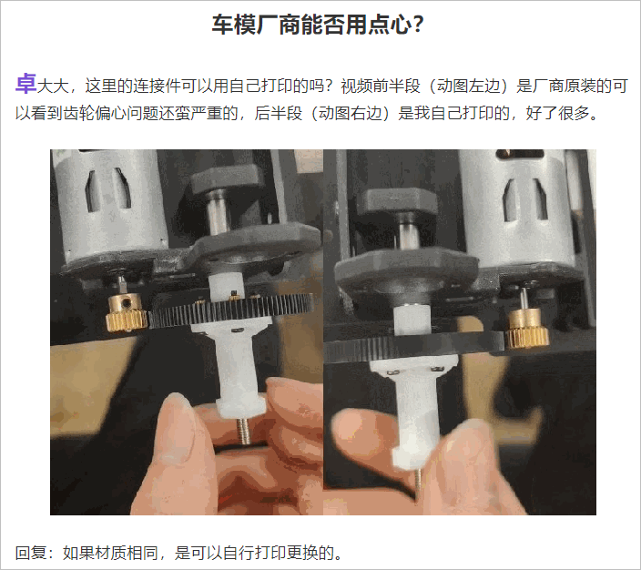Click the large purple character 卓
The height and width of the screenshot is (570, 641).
pos(25,85)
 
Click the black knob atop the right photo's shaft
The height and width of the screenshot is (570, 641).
pos(393,205)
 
